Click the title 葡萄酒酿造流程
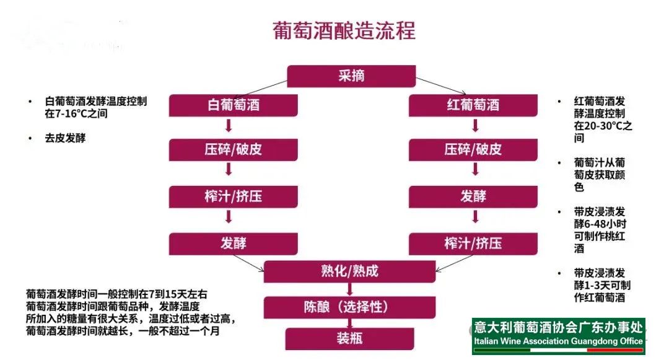[x=344, y=30]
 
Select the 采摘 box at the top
[x=351, y=76]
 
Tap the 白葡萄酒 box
[x=233, y=105]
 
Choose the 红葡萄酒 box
[x=473, y=105]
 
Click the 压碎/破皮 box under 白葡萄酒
[x=233, y=150]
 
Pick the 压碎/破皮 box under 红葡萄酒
[x=473, y=150]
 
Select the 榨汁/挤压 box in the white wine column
[x=233, y=196]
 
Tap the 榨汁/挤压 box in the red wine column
[x=473, y=244]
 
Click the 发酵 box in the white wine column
[x=233, y=244]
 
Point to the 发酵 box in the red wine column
[x=473, y=196]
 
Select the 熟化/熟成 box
[x=349, y=271]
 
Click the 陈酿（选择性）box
[x=349, y=307]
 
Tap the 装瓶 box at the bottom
[x=349, y=338]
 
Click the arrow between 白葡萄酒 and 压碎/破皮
[x=229, y=127]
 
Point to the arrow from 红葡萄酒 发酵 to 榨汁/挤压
[x=476, y=217]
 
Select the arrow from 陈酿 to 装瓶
[x=349, y=323]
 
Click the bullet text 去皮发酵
[x=64, y=138]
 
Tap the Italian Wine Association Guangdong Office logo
[x=558, y=336]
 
